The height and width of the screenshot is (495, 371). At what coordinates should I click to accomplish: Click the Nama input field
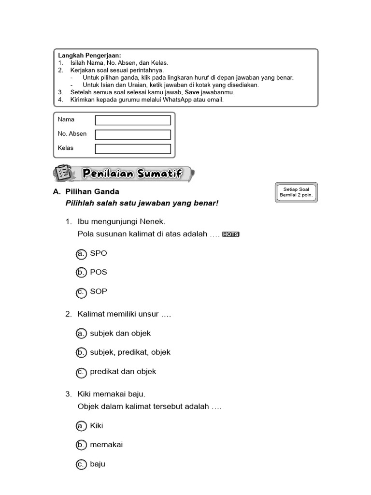[133, 120]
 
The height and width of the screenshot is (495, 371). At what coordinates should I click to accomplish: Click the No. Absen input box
[133, 134]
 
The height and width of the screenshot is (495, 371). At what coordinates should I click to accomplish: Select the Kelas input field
[133, 149]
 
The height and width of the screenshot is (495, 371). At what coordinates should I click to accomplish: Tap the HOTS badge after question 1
[231, 235]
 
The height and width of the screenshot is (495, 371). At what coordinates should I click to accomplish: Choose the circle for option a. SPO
[81, 254]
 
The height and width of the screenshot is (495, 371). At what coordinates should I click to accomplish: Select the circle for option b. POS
[81, 273]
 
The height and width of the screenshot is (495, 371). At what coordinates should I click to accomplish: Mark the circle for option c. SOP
[81, 292]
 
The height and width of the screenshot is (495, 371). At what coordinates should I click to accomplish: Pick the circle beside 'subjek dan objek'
[81, 334]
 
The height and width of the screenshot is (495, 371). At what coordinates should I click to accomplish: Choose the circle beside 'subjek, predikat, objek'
[81, 353]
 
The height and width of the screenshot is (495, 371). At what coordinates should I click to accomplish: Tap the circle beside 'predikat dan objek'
[81, 372]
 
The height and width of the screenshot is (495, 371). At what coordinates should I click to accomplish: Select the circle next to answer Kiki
[81, 426]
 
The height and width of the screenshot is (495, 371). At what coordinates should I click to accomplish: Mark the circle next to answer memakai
[81, 445]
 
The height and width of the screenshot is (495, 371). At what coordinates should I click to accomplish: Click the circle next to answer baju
[81, 465]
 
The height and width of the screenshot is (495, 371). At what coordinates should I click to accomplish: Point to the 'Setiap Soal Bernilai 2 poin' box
[296, 192]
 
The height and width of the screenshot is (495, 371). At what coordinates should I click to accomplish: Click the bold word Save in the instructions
[192, 92]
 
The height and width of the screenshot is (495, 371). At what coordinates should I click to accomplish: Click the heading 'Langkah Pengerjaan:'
[90, 56]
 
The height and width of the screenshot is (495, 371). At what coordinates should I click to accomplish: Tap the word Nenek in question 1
[155, 222]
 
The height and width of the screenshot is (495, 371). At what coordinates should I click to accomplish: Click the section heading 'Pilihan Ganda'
[92, 192]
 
